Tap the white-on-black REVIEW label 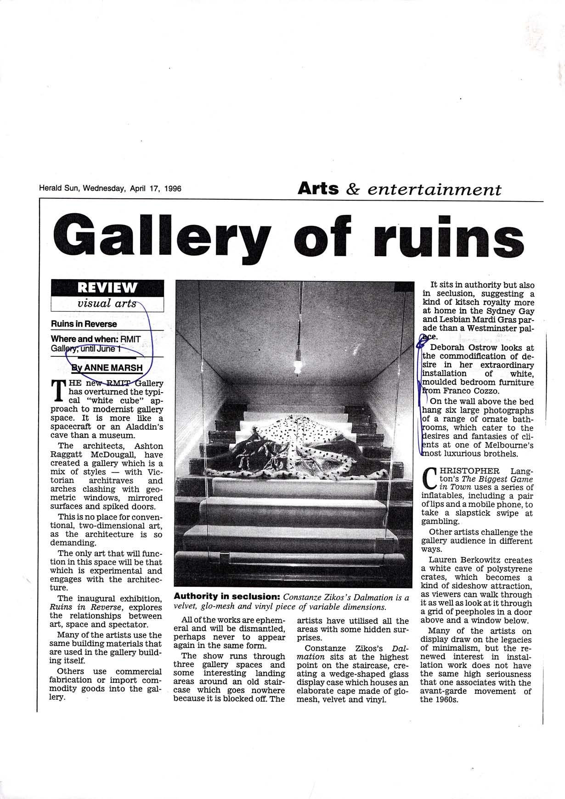tap(107, 288)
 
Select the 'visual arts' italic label tap(107, 304)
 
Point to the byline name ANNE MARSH tap(113, 368)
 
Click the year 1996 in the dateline tap(171, 188)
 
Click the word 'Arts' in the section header tap(318, 188)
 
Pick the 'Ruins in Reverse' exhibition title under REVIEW tap(84, 324)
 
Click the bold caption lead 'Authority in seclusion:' tap(227, 597)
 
